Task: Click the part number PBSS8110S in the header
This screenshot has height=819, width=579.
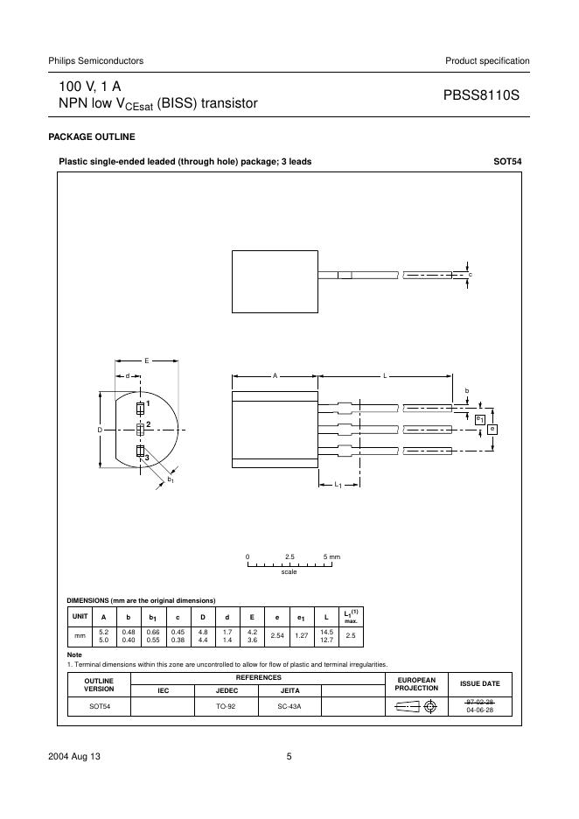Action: coord(482,94)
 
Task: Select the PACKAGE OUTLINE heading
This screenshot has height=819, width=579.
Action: coord(91,137)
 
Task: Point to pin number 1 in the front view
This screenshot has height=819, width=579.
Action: coord(149,403)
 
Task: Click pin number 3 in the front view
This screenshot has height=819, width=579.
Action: coord(148,458)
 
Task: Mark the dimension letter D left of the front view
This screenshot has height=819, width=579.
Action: coord(100,430)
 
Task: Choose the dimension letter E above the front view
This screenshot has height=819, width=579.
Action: coord(146,360)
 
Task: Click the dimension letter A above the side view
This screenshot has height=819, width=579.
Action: coord(274,375)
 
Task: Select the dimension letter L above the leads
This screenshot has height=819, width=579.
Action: coord(385,375)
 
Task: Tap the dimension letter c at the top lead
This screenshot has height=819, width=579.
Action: coord(471,276)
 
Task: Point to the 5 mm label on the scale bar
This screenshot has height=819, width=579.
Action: coord(331,556)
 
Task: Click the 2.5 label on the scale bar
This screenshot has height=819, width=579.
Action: coord(290,556)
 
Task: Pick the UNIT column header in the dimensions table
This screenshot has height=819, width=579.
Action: coord(80,616)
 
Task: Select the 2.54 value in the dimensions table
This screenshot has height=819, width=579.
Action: coord(278,636)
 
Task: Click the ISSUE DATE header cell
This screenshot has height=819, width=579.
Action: coord(480,683)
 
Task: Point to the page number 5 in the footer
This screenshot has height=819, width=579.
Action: coord(289,758)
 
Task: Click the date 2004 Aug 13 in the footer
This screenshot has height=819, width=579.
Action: coord(74,758)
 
